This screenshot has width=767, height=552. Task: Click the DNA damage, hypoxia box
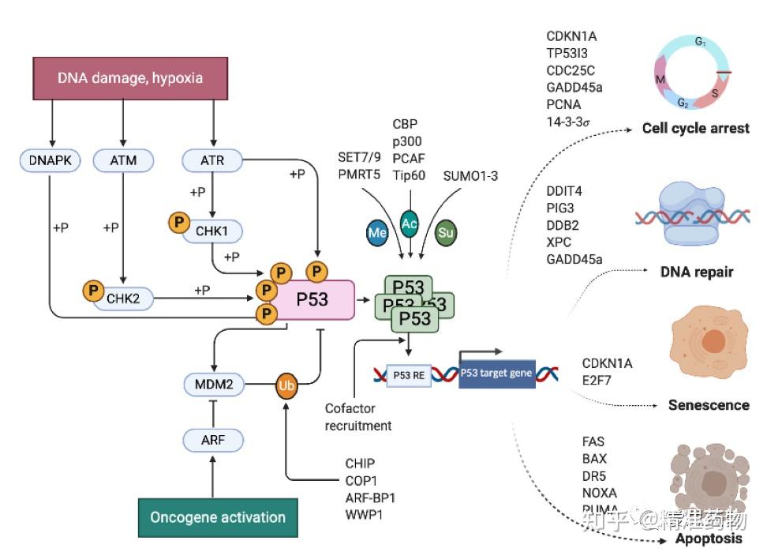pos(130,77)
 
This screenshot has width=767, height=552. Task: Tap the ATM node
pos(123,160)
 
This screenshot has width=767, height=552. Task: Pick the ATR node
pos(212,160)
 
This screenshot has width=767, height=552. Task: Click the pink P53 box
pos(312,299)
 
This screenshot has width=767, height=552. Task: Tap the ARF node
pos(212,440)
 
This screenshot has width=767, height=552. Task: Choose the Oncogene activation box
pos(218,518)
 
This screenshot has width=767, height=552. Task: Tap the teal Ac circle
pos(410,223)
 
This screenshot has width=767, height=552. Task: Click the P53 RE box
pos(408,375)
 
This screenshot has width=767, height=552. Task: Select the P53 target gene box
pos(497,373)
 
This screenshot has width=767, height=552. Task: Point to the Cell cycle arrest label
pos(695,128)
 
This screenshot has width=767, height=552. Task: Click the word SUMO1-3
pos(470,175)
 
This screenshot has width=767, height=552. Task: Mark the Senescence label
pos(708,405)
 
